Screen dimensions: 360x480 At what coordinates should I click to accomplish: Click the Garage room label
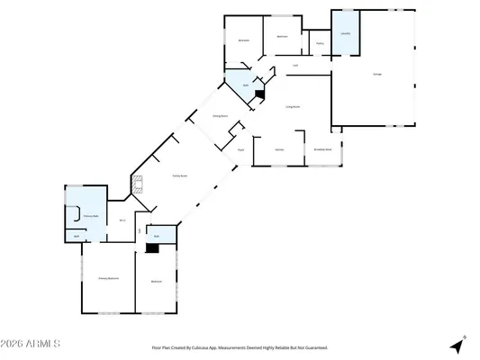coord(376,73)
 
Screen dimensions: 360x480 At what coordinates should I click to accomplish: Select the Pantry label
coord(320,43)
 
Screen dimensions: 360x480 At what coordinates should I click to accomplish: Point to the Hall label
coord(296,64)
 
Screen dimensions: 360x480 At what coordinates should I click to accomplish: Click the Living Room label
coord(293,106)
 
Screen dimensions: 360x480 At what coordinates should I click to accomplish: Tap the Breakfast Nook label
coord(322,148)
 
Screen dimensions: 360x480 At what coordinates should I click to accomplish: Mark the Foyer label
coord(241,148)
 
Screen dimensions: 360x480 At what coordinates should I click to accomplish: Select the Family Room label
coord(179,176)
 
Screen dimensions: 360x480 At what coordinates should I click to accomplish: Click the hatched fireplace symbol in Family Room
coord(137,185)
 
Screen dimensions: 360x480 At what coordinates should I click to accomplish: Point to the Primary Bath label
coord(90,216)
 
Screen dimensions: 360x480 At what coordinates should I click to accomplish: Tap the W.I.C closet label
coord(122,220)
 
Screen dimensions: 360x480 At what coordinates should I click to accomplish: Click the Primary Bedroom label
coord(108,279)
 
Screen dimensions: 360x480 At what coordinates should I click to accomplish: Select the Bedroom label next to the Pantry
coord(282,36)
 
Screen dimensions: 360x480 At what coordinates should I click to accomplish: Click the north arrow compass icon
coord(459,346)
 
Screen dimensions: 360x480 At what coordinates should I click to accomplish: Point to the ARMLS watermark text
coord(32,344)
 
